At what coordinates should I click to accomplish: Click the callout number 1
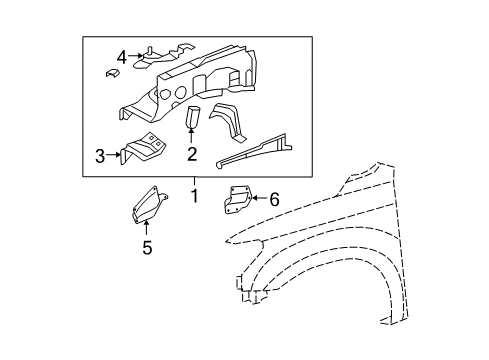tap(194, 196)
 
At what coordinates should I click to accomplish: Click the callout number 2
tap(191, 154)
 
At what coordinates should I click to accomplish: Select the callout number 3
tap(100, 155)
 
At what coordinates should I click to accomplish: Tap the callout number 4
tap(122, 57)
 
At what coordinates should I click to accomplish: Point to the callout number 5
tap(146, 248)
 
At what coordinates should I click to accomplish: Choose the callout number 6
tap(274, 199)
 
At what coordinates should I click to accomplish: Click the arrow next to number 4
tap(137, 57)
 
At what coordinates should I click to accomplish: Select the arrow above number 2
tap(191, 136)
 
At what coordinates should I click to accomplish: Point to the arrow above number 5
tap(146, 230)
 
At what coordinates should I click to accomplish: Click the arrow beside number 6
tap(257, 199)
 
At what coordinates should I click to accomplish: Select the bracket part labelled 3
tap(143, 149)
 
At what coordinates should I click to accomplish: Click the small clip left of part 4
tap(111, 72)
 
